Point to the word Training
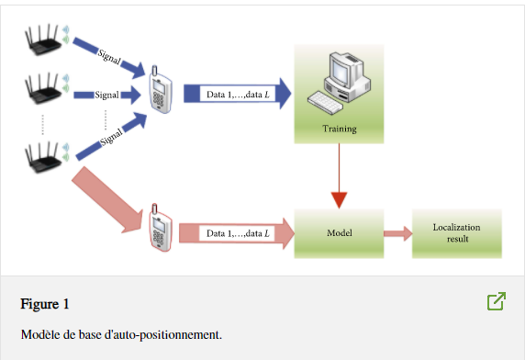tap(340, 129)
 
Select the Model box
tap(340, 233)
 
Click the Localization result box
tap(456, 233)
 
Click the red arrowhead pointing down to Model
tap(340, 199)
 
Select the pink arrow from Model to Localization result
tap(397, 233)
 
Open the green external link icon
tap(497, 301)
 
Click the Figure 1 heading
tap(45, 304)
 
